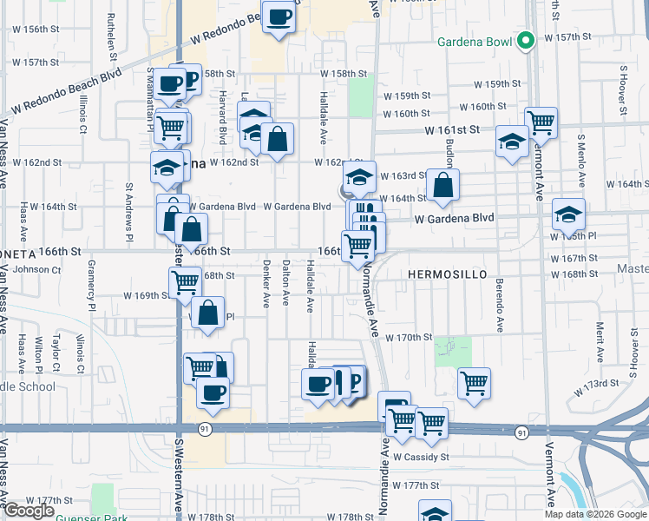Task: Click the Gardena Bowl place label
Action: coord(475,41)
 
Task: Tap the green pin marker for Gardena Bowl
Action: coord(524,40)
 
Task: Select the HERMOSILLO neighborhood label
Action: coord(448,274)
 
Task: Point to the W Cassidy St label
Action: coord(423,456)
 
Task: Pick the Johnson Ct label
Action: coord(36,270)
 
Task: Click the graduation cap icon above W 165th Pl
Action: coord(568,213)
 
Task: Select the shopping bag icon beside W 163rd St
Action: coord(442,184)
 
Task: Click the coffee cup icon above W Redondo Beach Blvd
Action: coord(279,17)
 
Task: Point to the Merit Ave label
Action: coord(600,337)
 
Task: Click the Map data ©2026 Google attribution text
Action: coord(594,514)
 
